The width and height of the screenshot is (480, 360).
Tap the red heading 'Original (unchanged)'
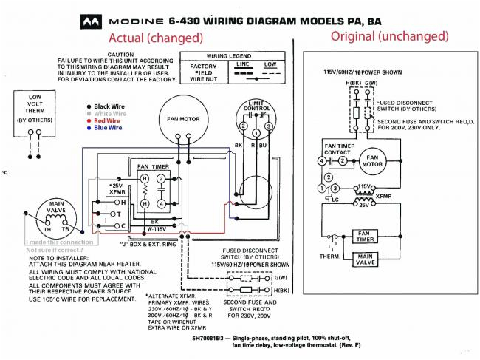tap(388, 35)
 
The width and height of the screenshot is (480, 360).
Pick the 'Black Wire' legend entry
tap(106, 106)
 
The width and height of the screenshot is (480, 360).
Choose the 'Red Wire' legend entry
tap(104, 120)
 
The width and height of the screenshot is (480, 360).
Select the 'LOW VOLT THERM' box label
tap(35, 107)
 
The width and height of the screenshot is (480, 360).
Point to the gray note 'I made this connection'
tap(58, 242)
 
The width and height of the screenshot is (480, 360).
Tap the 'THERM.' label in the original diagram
tap(329, 257)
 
